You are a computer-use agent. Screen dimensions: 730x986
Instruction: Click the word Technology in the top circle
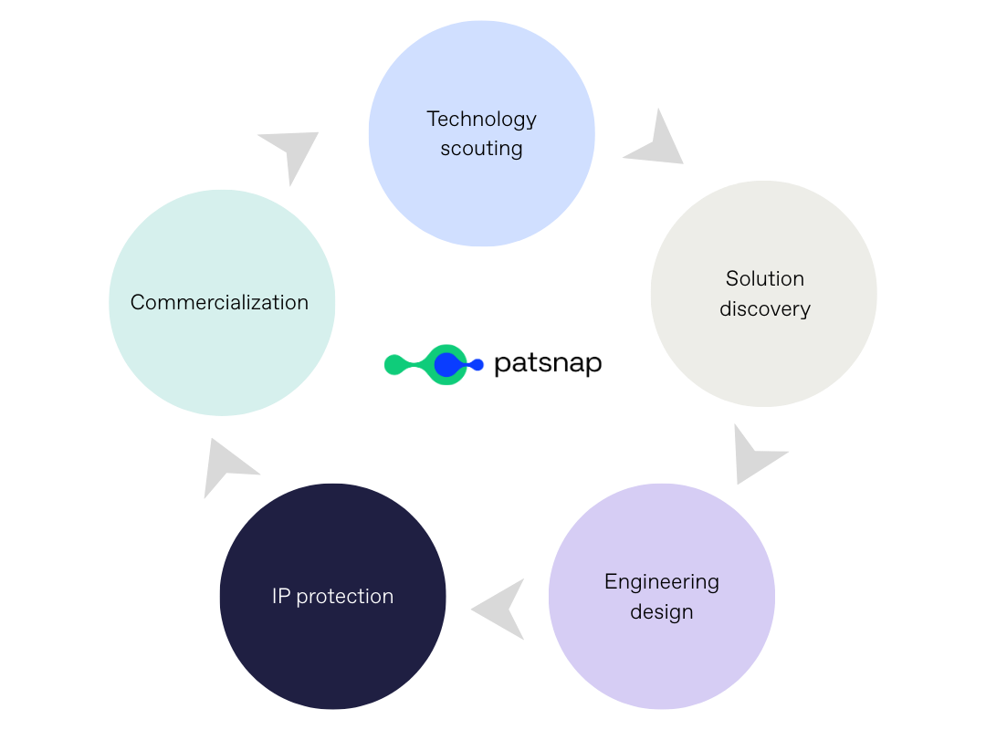[481, 119]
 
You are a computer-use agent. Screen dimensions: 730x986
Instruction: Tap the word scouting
[481, 148]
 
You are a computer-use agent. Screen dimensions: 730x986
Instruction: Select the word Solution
[765, 278]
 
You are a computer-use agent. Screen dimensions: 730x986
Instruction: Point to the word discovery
[765, 308]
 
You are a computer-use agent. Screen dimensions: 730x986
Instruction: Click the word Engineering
[662, 581]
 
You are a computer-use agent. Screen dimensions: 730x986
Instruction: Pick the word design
[662, 611]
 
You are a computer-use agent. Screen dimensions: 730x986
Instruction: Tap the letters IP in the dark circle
[281, 596]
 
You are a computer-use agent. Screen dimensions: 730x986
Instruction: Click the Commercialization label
[219, 302]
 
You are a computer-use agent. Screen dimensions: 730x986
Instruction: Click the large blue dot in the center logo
[446, 365]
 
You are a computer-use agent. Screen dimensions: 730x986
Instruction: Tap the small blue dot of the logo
[477, 365]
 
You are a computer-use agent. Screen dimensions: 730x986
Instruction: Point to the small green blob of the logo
[394, 365]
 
